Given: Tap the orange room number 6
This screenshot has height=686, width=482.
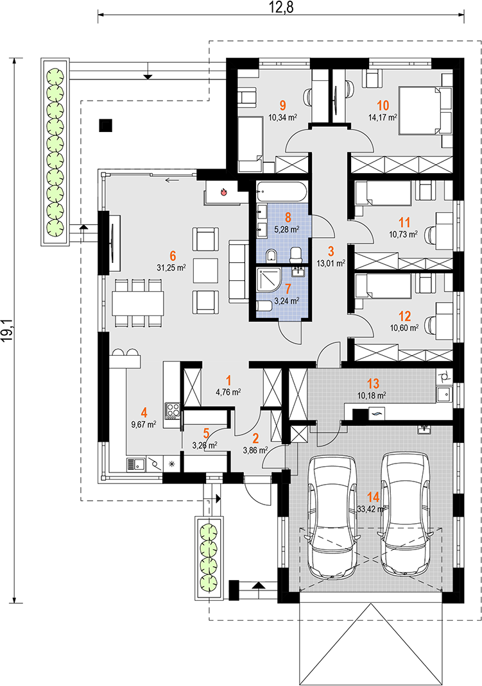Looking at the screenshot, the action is click(172, 256).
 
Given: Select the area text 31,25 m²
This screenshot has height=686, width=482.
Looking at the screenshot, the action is click(171, 267).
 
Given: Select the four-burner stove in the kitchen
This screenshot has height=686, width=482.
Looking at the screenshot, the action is click(172, 411).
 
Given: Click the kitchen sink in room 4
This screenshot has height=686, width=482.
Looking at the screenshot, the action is click(137, 465).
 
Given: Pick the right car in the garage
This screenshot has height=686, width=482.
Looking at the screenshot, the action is click(406, 514).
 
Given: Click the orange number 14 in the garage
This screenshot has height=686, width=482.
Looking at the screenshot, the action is click(373, 497).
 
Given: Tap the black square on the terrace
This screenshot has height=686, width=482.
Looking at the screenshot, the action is click(105, 126).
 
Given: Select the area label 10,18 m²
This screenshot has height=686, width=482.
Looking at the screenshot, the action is click(371, 396).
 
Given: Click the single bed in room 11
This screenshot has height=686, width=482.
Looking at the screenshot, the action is click(383, 194).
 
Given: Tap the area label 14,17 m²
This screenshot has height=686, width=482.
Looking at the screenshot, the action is click(383, 117).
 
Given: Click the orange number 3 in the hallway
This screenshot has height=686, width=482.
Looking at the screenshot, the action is click(331, 251).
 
